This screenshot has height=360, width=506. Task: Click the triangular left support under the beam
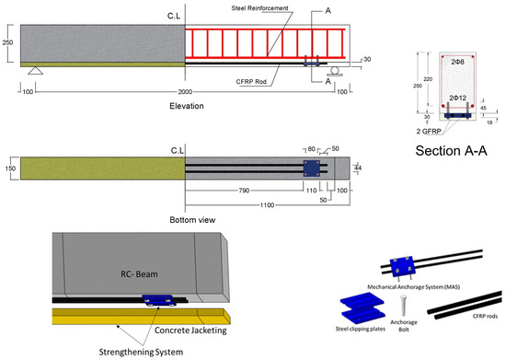35,73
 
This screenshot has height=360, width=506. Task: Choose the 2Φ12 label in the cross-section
456,96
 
